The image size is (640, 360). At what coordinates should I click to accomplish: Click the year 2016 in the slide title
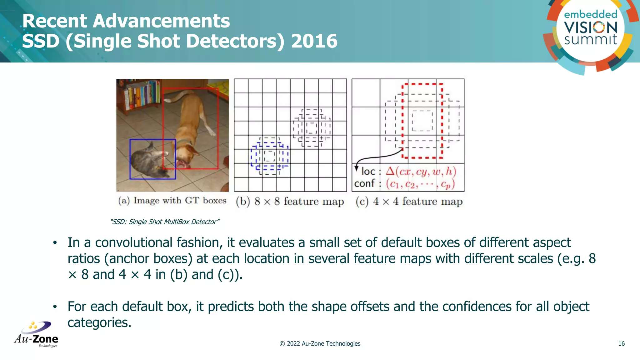pyautogui.click(x=314, y=41)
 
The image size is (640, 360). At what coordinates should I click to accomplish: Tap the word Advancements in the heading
pyautogui.click(x=161, y=21)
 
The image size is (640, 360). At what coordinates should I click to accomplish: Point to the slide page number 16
pyautogui.click(x=621, y=344)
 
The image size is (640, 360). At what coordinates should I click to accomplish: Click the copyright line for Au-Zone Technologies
pyautogui.click(x=320, y=344)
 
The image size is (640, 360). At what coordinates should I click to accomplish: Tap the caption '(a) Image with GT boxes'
pyautogui.click(x=172, y=201)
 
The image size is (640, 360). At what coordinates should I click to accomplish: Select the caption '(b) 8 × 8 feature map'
pyautogui.click(x=290, y=202)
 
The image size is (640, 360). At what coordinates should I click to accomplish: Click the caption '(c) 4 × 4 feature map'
pyautogui.click(x=409, y=202)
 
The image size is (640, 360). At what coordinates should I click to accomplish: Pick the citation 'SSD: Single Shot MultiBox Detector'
pyautogui.click(x=165, y=222)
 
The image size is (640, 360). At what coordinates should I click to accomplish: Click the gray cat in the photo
pyautogui.click(x=147, y=159)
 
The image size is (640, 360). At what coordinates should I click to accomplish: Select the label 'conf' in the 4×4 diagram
pyautogui.click(x=364, y=183)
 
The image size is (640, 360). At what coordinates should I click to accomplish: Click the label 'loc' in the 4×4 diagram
pyautogui.click(x=368, y=172)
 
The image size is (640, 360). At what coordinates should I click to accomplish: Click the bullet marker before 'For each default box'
pyautogui.click(x=55, y=307)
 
